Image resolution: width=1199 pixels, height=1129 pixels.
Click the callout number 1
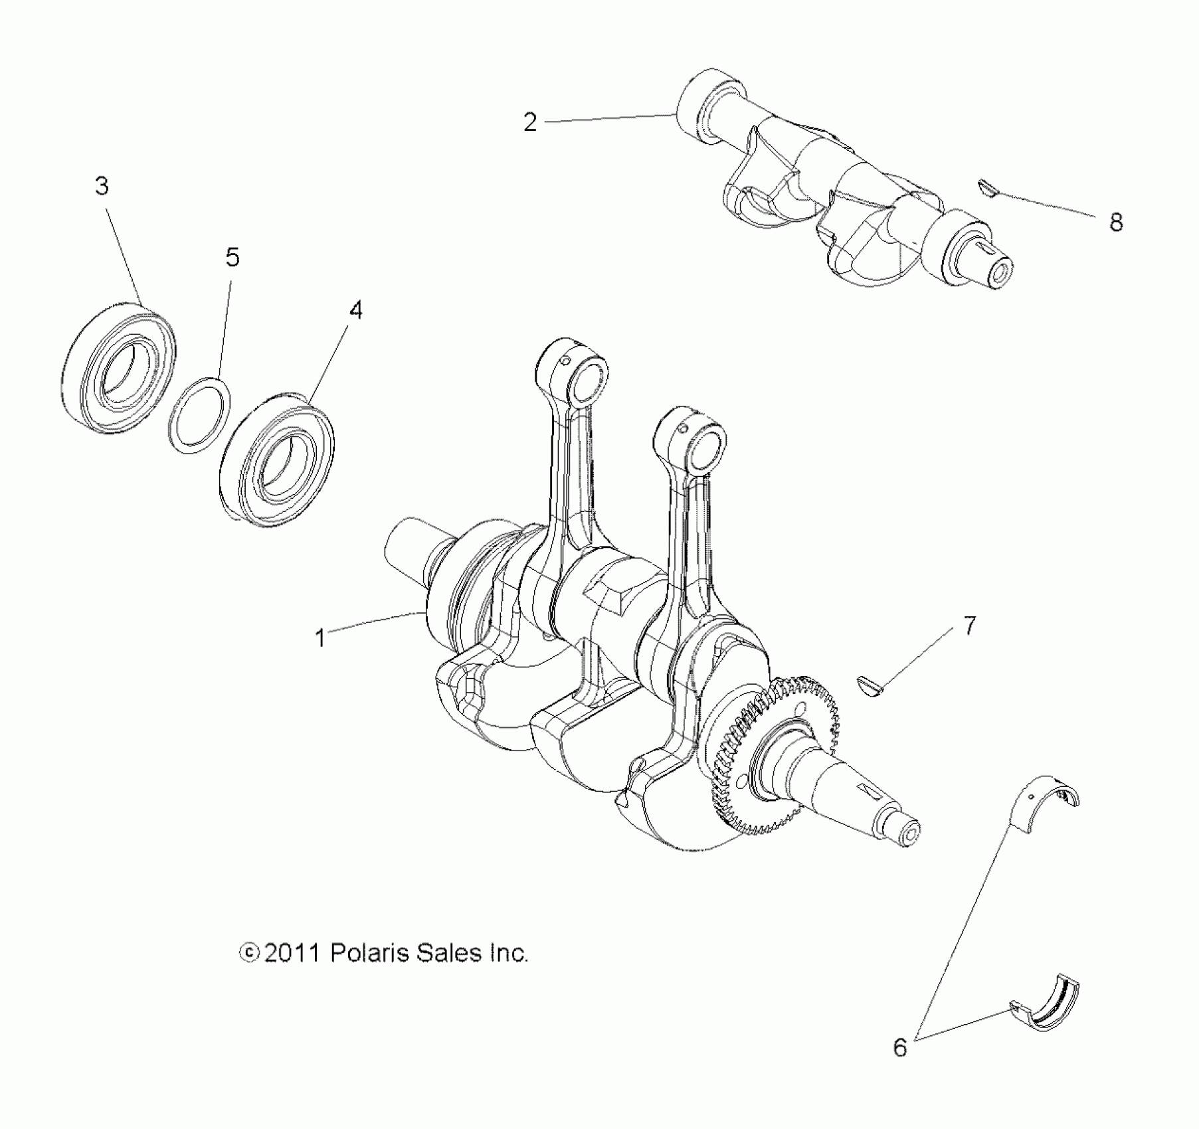pos(320,638)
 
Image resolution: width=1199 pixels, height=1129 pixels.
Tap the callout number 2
pos(529,122)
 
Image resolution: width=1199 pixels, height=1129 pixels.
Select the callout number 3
pos(102,187)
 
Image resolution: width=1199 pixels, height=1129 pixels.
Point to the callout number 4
pos(356,310)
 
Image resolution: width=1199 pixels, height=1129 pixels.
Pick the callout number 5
pos(232,258)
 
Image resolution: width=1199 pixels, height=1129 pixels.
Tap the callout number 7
pos(969,626)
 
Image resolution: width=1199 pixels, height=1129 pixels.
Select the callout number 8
pos(1116,222)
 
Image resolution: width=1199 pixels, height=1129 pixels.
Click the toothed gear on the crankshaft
pos(771,750)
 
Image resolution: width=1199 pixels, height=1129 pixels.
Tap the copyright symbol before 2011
pos(248,954)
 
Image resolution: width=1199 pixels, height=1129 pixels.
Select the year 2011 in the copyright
pos(291,954)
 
